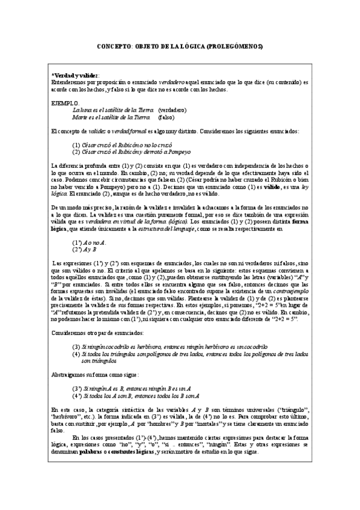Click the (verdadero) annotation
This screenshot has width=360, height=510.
click(x=172, y=110)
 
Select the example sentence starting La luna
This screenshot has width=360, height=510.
click(x=112, y=110)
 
